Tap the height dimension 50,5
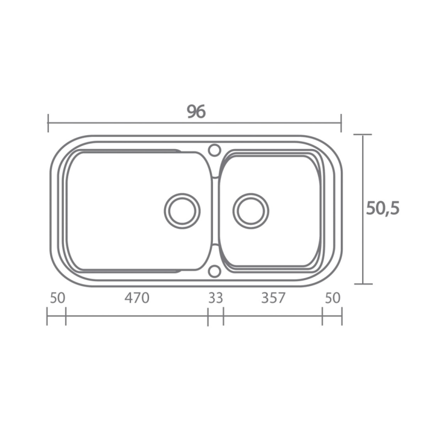(383, 209)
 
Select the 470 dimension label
(137, 297)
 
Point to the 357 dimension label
(273, 297)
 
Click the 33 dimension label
(215, 297)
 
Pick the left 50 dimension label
(58, 297)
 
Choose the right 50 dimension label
(333, 297)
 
